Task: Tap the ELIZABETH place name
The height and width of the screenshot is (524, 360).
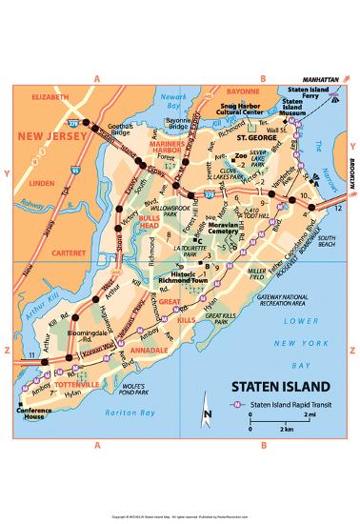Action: tap(37, 96)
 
